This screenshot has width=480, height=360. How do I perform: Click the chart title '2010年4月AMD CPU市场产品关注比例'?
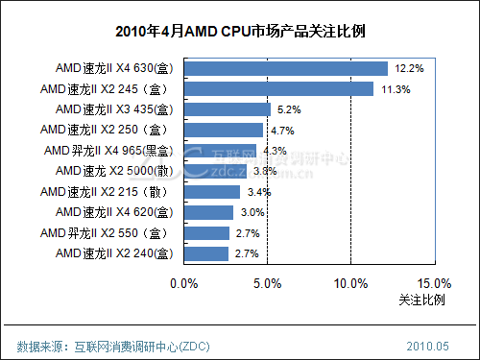(x=239, y=33)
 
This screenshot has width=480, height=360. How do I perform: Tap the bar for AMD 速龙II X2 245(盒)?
(x=277, y=88)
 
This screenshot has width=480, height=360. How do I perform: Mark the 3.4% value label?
(x=258, y=192)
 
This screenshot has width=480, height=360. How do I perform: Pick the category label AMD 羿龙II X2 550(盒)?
(x=108, y=232)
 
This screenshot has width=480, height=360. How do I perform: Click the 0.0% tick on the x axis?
(x=183, y=283)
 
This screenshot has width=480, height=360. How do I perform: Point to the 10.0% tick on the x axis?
(x=350, y=283)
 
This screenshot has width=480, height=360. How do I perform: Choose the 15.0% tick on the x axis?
(x=434, y=283)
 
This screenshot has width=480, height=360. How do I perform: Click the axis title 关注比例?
(x=421, y=300)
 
